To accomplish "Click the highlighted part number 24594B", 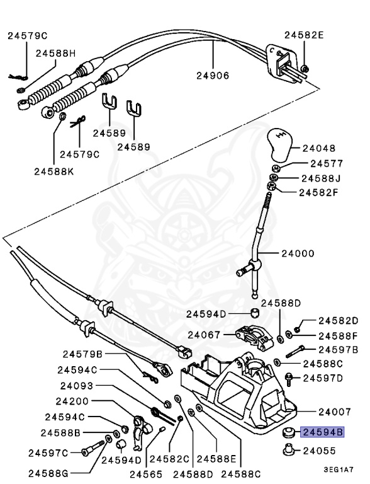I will pos(323,432).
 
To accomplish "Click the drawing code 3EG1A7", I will pos(339,470).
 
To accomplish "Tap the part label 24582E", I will pos(304,35).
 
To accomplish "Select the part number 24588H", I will pos(55,54).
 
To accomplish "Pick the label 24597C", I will pos(48,452).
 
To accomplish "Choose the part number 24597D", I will pos(323,378).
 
